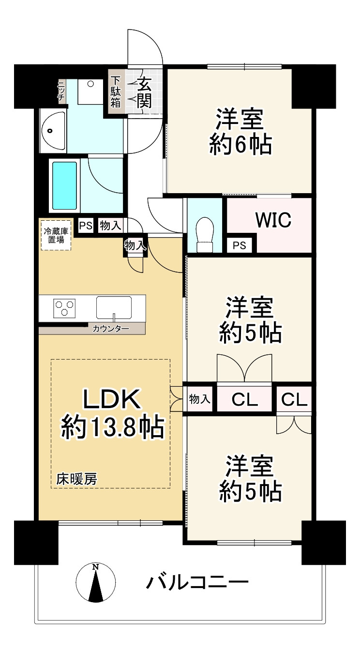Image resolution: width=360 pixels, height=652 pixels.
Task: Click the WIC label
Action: [x=273, y=220]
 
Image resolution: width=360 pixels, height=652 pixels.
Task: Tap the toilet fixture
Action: [x=205, y=235]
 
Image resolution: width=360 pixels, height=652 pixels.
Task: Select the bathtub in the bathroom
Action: [x=64, y=186]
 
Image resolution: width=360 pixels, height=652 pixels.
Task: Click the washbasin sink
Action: [x=53, y=131]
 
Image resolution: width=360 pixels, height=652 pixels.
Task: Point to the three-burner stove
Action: [x=64, y=308]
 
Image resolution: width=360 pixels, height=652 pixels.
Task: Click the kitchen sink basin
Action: [x=114, y=308]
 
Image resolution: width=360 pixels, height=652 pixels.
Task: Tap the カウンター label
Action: [x=111, y=329]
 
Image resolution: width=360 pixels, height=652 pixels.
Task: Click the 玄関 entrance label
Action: [x=144, y=93]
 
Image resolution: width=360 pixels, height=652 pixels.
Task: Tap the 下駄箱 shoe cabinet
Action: [x=116, y=92]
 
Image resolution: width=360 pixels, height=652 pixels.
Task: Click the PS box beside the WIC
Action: [x=240, y=245]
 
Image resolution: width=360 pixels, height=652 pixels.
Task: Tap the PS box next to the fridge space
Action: [x=86, y=226]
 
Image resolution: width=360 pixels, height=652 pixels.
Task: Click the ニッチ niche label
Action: [x=61, y=90]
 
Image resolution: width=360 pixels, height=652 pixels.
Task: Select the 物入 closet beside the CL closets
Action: [x=200, y=399]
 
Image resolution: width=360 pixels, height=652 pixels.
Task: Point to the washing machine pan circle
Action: [x=90, y=84]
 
